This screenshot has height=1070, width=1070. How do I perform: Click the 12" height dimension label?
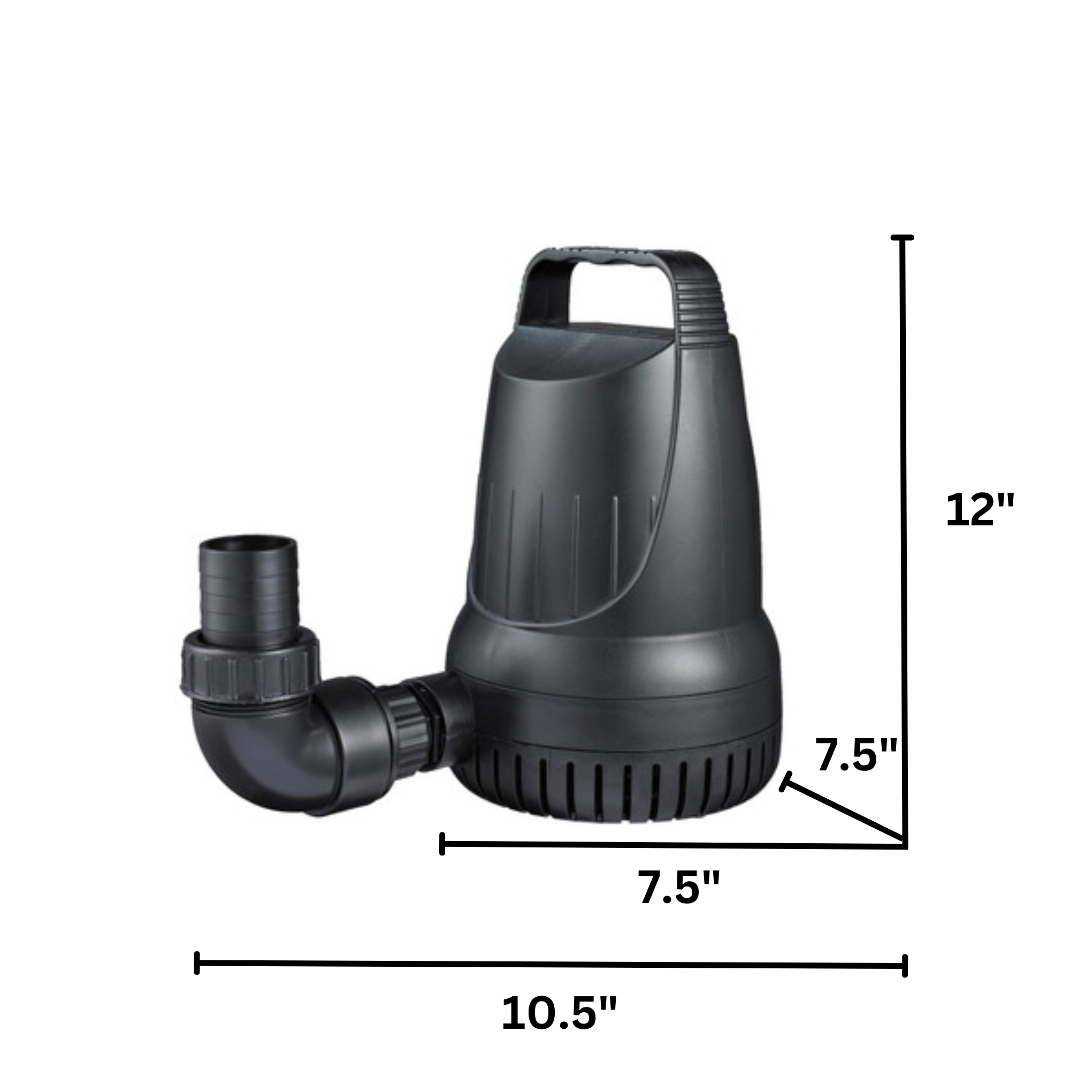pos(980,509)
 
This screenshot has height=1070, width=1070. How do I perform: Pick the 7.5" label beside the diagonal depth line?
pos(856,755)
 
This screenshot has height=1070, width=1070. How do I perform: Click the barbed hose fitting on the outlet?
pos(249,591)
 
